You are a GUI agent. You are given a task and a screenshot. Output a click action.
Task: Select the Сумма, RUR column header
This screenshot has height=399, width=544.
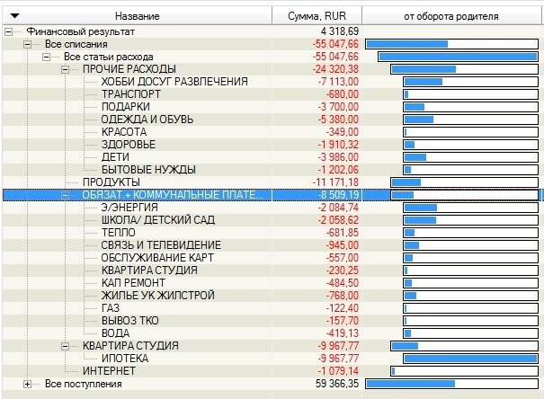click(317, 16)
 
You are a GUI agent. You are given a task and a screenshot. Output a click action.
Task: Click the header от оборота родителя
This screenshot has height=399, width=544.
click(451, 16)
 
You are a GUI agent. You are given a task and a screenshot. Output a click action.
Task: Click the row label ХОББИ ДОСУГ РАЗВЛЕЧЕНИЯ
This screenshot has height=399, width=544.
click(174, 82)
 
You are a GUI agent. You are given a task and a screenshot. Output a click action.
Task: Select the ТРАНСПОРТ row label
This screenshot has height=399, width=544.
click(130, 94)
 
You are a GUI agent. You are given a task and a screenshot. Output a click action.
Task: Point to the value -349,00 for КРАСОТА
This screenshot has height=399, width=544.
click(342, 132)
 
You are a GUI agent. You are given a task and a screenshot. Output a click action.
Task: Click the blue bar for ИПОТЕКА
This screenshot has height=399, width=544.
click(468, 359)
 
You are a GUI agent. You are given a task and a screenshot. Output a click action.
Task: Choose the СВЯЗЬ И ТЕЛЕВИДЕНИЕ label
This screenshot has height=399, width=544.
click(161, 245)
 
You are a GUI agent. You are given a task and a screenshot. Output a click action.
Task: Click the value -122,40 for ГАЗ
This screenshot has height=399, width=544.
click(342, 308)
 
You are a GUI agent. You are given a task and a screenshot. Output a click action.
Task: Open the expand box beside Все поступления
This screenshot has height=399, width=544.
click(27, 384)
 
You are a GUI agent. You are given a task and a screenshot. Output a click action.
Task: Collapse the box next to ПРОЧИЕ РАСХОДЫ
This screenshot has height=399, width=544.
click(65, 69)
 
